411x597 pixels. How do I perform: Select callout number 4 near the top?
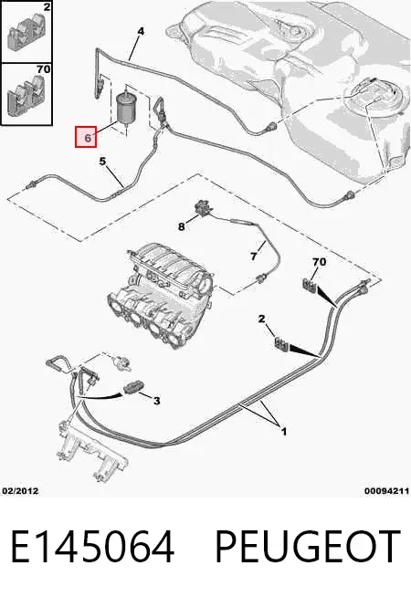(141, 31)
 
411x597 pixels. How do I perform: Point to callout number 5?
(102, 162)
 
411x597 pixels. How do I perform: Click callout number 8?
(182, 226)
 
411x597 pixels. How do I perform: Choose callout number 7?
(254, 257)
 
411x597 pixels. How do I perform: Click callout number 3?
(156, 401)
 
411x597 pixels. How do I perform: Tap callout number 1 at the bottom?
(283, 432)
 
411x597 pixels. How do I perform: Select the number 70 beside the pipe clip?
(319, 262)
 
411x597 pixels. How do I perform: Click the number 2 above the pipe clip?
(261, 319)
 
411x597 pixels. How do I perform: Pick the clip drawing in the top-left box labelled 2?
(26, 33)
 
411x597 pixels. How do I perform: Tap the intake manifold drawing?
(159, 292)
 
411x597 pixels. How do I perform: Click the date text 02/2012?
(20, 491)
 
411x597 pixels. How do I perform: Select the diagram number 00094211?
(386, 491)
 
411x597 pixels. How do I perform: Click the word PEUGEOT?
(308, 547)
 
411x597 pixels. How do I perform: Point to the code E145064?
(92, 547)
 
